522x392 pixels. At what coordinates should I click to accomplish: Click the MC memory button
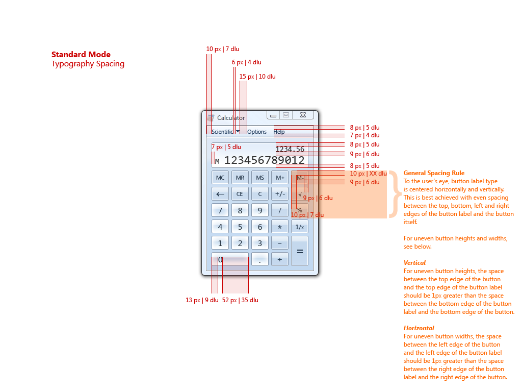tap(220, 178)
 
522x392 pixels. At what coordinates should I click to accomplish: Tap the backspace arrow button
tap(220, 194)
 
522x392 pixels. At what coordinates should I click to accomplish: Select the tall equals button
tap(300, 251)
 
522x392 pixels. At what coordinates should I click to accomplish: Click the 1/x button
tap(300, 227)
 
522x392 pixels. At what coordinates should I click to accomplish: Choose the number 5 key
tap(240, 227)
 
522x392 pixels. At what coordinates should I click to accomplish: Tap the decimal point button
tap(260, 260)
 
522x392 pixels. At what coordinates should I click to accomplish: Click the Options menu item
tap(257, 132)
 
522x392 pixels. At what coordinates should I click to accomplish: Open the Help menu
tap(279, 132)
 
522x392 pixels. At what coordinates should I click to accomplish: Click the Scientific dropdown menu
tap(225, 132)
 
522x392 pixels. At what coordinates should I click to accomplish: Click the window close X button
tap(303, 115)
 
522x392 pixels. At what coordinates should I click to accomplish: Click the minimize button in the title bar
tap(273, 115)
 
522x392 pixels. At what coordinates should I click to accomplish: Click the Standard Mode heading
tap(81, 55)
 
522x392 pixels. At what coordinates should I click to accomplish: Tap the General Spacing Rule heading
tap(434, 173)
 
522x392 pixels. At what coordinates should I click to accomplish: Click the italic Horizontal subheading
tap(419, 328)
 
